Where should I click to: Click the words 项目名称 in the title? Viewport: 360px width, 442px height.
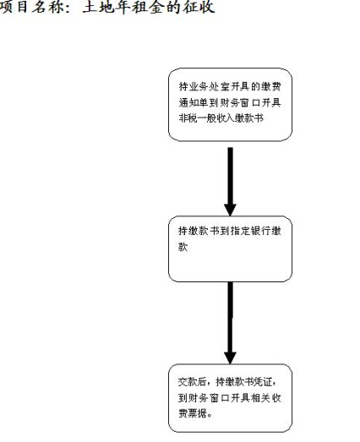click(31, 7)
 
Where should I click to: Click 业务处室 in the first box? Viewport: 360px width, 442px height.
click(210, 86)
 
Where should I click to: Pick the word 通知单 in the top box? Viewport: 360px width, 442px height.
click(194, 102)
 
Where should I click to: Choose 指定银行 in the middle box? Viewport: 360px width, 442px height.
click(251, 232)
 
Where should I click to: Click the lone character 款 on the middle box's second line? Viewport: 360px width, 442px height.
click(183, 247)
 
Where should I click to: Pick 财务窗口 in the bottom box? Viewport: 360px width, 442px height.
click(209, 398)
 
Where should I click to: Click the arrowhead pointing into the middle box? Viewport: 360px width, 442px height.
click(230, 210)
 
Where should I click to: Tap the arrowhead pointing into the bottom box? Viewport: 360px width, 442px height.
click(230, 357)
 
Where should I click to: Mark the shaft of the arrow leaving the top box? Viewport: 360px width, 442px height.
click(231, 175)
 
